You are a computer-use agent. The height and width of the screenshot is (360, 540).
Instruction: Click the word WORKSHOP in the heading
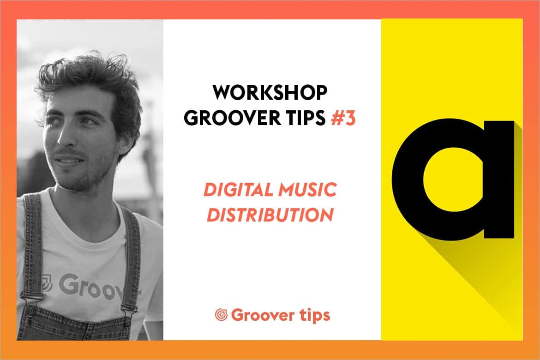pyautogui.click(x=270, y=92)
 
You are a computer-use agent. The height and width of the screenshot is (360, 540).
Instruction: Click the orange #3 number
pyautogui.click(x=343, y=118)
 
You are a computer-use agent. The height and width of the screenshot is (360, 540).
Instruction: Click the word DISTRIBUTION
pyautogui.click(x=270, y=215)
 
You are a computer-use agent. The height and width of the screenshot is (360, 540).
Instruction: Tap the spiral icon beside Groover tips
pyautogui.click(x=221, y=314)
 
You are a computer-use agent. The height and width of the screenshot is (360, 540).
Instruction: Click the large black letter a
pyautogui.click(x=453, y=179)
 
